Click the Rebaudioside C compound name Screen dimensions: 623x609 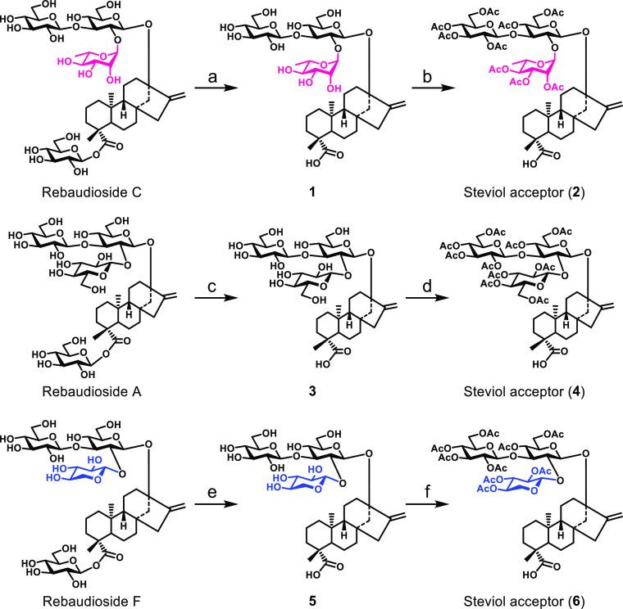92,192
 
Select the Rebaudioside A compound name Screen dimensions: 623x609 92,391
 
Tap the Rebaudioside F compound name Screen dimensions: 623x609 91,601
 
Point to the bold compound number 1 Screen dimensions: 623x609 312,192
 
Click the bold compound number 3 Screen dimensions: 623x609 312,391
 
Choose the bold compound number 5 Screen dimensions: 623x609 312,601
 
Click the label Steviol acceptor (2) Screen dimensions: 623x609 524,193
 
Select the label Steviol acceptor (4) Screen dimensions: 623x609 524,392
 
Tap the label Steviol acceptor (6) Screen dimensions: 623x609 524,602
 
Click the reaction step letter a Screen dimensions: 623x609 212,77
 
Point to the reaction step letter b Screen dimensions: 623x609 427,75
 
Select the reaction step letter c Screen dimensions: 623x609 211,286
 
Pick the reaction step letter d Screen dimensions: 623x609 427,285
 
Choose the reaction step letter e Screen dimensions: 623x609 212,493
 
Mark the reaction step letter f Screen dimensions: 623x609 428,491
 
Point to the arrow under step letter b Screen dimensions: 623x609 433,88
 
